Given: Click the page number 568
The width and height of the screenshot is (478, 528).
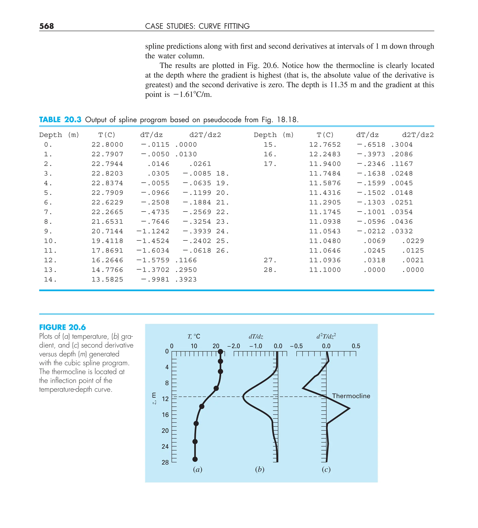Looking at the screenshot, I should pos(46,26).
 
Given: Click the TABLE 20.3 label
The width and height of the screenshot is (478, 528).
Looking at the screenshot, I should pos(60,120).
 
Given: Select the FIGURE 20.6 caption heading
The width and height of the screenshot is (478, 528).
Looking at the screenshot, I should pos(62,327).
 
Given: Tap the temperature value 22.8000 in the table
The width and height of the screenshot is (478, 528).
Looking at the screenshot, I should pos(107,144).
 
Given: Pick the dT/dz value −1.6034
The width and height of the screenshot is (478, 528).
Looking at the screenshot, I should pos(153,251).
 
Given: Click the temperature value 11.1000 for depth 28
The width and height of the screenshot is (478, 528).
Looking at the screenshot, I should pos(325,270).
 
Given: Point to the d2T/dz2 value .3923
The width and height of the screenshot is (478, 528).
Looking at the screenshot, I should pos(186,279).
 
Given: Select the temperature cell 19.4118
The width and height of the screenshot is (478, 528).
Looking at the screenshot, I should pos(107,241).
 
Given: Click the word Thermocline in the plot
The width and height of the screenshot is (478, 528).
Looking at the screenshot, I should pos(351,396).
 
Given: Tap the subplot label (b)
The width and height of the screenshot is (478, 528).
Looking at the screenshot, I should pos(259,469).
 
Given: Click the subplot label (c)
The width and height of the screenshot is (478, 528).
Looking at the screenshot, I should pos(326,469).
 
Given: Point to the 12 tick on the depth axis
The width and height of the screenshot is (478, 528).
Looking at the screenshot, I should pos(165,399).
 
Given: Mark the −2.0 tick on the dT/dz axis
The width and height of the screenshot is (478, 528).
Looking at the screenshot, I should pos(234,346).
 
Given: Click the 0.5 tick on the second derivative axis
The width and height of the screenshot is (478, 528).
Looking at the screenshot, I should pos(356,346).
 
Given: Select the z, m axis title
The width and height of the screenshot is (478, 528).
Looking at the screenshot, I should pos(154,398).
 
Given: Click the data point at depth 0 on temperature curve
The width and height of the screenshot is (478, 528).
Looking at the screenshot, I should pos(221,352).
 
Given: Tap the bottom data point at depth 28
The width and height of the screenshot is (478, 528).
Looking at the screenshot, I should pos(195,459).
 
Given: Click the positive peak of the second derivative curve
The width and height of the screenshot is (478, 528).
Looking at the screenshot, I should pos(349,408).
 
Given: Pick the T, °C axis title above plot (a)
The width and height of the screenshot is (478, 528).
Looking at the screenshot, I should pos(193,337).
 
